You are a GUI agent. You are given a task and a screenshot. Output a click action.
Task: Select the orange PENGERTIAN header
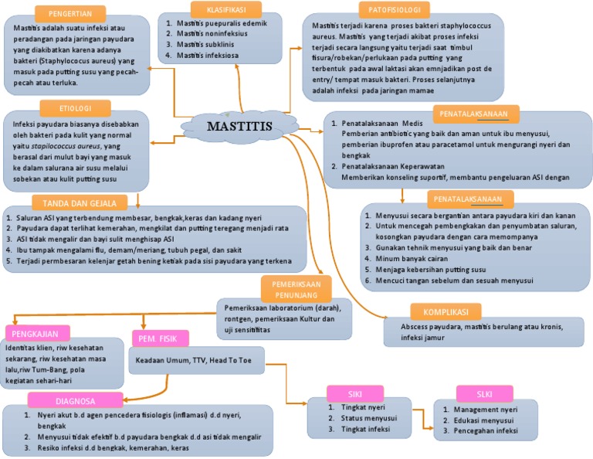pos(71,14)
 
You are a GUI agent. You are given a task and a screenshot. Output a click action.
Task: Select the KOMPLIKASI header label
pos(446,311)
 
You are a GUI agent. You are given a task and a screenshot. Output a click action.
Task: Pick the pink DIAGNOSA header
pos(75,400)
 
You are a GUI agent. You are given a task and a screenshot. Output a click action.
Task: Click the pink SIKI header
pos(355,391)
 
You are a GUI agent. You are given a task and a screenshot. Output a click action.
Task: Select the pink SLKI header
pos(484,392)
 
